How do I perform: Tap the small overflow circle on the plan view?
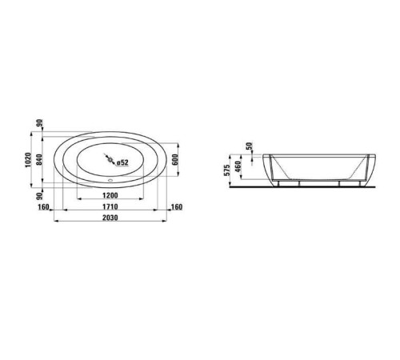pos(110,182)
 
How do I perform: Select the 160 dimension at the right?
pos(176,207)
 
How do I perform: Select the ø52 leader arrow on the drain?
pos(114,161)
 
